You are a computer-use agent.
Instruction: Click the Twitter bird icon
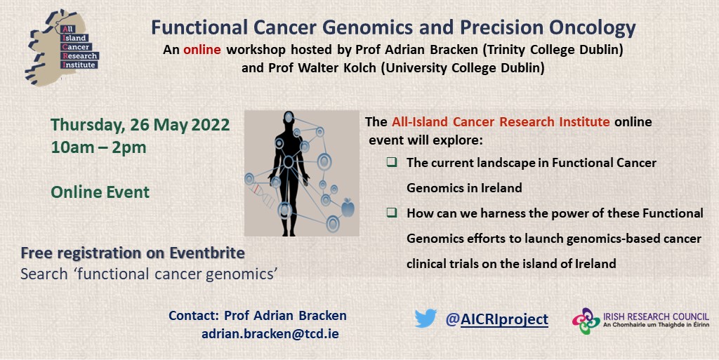point(426,319)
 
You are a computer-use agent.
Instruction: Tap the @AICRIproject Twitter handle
point(496,319)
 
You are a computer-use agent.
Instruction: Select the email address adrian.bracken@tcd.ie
point(270,333)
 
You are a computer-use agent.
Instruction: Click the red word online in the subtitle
point(202,49)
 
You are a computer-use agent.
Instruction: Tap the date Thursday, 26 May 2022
point(140,125)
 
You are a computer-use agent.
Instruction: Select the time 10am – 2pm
point(98,147)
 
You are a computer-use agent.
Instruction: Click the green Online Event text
point(100,192)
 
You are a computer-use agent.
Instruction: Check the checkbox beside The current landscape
point(392,162)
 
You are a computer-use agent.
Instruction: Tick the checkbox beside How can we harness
point(392,213)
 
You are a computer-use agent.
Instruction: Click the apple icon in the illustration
point(348,208)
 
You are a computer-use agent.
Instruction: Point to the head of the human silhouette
point(289,117)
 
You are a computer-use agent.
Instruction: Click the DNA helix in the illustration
point(263,196)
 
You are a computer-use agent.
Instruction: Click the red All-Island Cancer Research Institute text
point(501,122)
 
